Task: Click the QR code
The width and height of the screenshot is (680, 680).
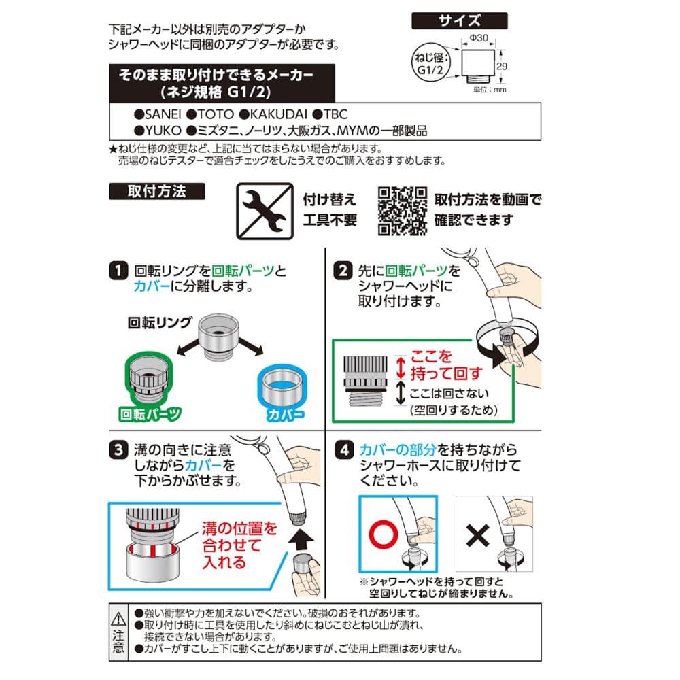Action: point(403,211)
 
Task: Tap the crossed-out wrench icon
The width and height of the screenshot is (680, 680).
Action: point(265,211)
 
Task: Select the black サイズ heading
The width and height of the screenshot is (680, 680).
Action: point(459,20)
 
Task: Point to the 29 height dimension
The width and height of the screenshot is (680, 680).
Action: point(502,67)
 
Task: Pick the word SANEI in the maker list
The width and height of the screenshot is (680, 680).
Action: point(163,114)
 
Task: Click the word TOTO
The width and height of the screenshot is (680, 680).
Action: point(216,114)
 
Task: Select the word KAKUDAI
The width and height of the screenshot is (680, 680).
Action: point(278,114)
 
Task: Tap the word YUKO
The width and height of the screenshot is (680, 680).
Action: point(163,130)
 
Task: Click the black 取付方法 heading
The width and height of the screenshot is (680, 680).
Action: point(156,191)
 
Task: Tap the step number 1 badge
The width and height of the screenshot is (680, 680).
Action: point(118,271)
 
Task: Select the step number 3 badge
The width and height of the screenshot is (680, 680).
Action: point(118,449)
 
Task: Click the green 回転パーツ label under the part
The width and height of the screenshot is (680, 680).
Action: point(150,414)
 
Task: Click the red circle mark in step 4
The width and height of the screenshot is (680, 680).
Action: point(384,534)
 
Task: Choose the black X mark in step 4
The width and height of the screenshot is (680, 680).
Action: point(477,535)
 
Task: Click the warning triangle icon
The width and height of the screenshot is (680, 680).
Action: point(118,619)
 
